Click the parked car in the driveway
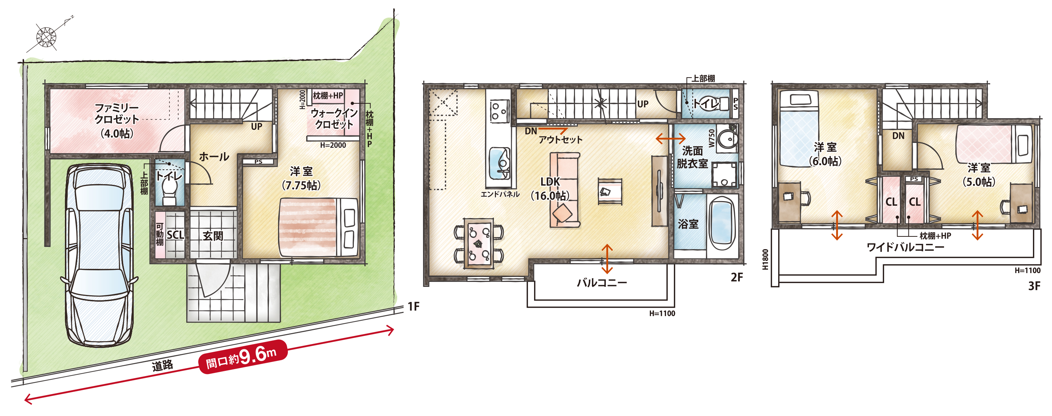click(x=99, y=255)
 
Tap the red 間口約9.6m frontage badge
click(x=243, y=357)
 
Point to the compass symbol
click(x=46, y=37)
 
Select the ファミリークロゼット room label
click(x=117, y=114)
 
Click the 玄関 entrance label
click(x=213, y=236)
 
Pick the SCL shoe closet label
click(x=175, y=235)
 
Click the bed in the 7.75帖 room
click(x=319, y=227)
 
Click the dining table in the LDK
click(x=479, y=243)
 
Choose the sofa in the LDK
click(x=565, y=190)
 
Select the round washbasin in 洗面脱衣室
click(x=726, y=139)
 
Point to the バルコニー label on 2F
click(x=601, y=283)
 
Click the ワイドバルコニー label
click(x=905, y=247)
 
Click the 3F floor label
click(x=1034, y=286)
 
